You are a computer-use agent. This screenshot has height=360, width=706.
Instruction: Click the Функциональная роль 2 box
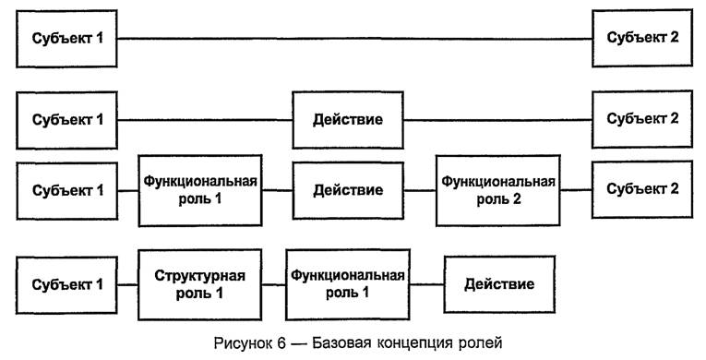498,190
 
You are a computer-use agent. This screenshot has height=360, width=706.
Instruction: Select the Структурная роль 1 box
199,284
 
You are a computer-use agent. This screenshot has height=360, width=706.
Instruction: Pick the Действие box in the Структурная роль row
498,283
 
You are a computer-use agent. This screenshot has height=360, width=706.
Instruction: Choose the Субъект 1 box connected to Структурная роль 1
67,283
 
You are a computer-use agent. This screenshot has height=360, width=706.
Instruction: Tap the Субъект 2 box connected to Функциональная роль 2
642,189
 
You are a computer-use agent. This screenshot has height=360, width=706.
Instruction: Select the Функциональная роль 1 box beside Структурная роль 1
346,284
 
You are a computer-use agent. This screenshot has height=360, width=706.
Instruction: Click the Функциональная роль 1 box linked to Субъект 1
199,190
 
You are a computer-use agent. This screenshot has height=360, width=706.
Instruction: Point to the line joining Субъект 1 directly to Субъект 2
355,39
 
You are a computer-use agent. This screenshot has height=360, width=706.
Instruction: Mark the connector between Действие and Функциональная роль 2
420,190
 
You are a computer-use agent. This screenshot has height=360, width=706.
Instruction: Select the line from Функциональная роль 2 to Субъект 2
577,189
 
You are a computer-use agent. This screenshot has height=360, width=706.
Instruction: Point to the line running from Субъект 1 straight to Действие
205,120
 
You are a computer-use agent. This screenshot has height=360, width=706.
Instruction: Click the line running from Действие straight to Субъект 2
498,120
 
